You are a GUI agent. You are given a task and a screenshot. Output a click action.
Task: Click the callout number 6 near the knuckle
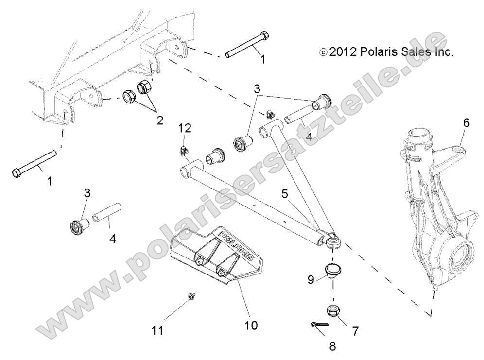(x=466, y=123)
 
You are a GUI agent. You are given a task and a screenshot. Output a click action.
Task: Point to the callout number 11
(x=157, y=331)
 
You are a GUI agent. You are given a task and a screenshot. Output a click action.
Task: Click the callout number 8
(x=332, y=346)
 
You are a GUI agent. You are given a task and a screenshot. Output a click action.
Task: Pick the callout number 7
(x=355, y=331)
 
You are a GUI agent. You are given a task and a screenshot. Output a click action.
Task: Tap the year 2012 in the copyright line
(x=343, y=51)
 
